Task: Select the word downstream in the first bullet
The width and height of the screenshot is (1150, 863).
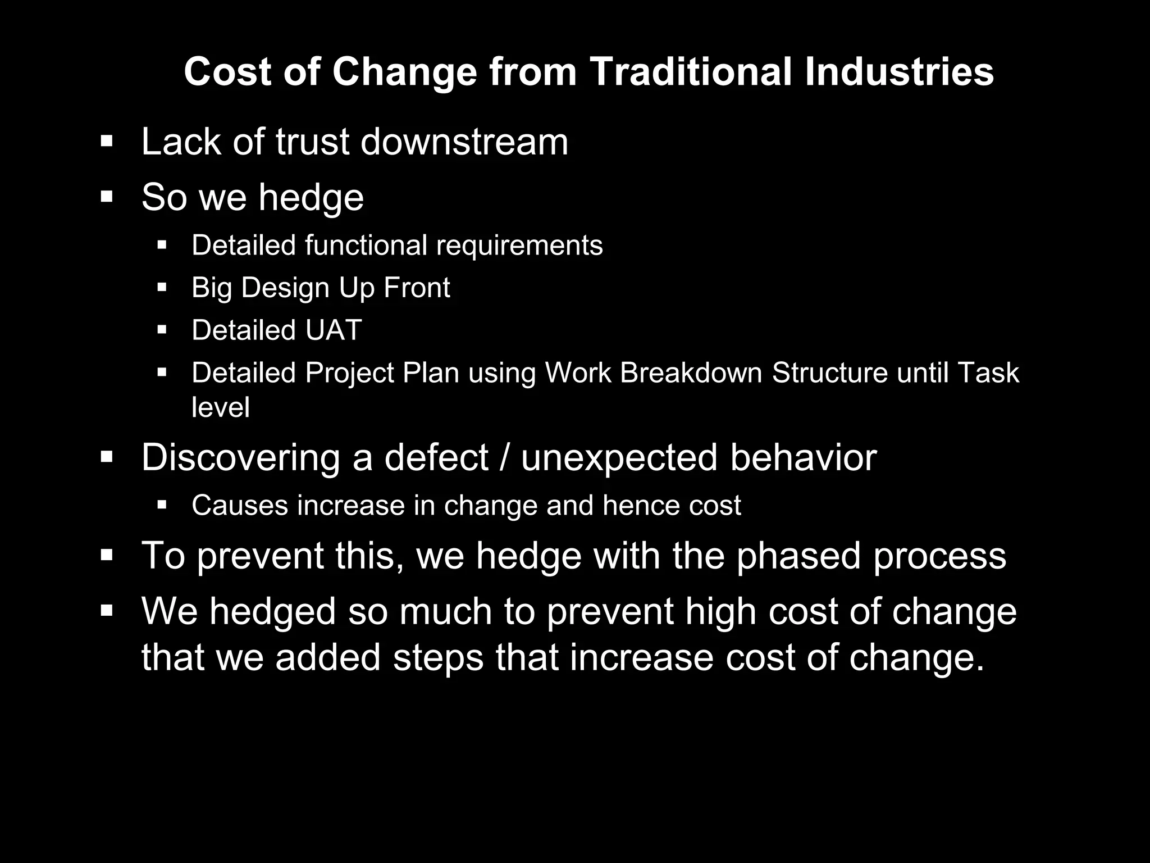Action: tap(464, 142)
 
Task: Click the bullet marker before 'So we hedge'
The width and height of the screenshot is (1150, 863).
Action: tap(107, 197)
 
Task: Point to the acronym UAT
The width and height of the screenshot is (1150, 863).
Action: tap(333, 330)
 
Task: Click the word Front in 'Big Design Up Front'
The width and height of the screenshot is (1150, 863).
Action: tap(417, 288)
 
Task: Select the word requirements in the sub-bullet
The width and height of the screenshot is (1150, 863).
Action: tap(519, 246)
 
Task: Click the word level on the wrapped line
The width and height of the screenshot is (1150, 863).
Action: tap(220, 407)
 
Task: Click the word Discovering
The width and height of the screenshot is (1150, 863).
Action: tap(240, 457)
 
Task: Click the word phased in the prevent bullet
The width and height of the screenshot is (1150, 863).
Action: tap(798, 556)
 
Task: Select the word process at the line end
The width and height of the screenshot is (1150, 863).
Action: tap(939, 556)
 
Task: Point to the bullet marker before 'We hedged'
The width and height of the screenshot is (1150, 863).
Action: tap(107, 611)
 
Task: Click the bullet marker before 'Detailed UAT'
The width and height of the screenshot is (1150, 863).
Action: tap(162, 330)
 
